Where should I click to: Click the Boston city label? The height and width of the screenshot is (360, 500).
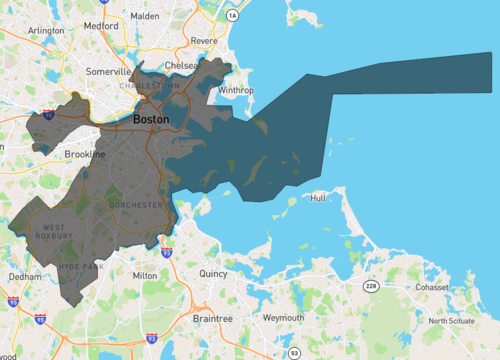point(150,119)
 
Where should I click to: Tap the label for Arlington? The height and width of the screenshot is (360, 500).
point(47,31)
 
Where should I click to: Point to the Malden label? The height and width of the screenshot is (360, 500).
point(145,17)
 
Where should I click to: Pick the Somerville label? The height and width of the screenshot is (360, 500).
point(109,72)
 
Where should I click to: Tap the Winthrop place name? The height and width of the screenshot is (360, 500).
point(236,90)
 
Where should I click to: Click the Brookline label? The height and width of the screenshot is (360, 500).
point(84,155)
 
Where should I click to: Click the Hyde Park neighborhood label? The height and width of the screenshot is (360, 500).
point(76,267)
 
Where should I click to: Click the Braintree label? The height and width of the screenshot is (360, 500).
point(212,318)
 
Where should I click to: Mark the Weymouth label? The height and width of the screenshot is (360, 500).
point(283,317)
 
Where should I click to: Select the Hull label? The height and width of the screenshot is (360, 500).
point(318,198)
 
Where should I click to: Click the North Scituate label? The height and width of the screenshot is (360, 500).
point(453,321)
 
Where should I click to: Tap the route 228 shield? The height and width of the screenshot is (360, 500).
point(372,287)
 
